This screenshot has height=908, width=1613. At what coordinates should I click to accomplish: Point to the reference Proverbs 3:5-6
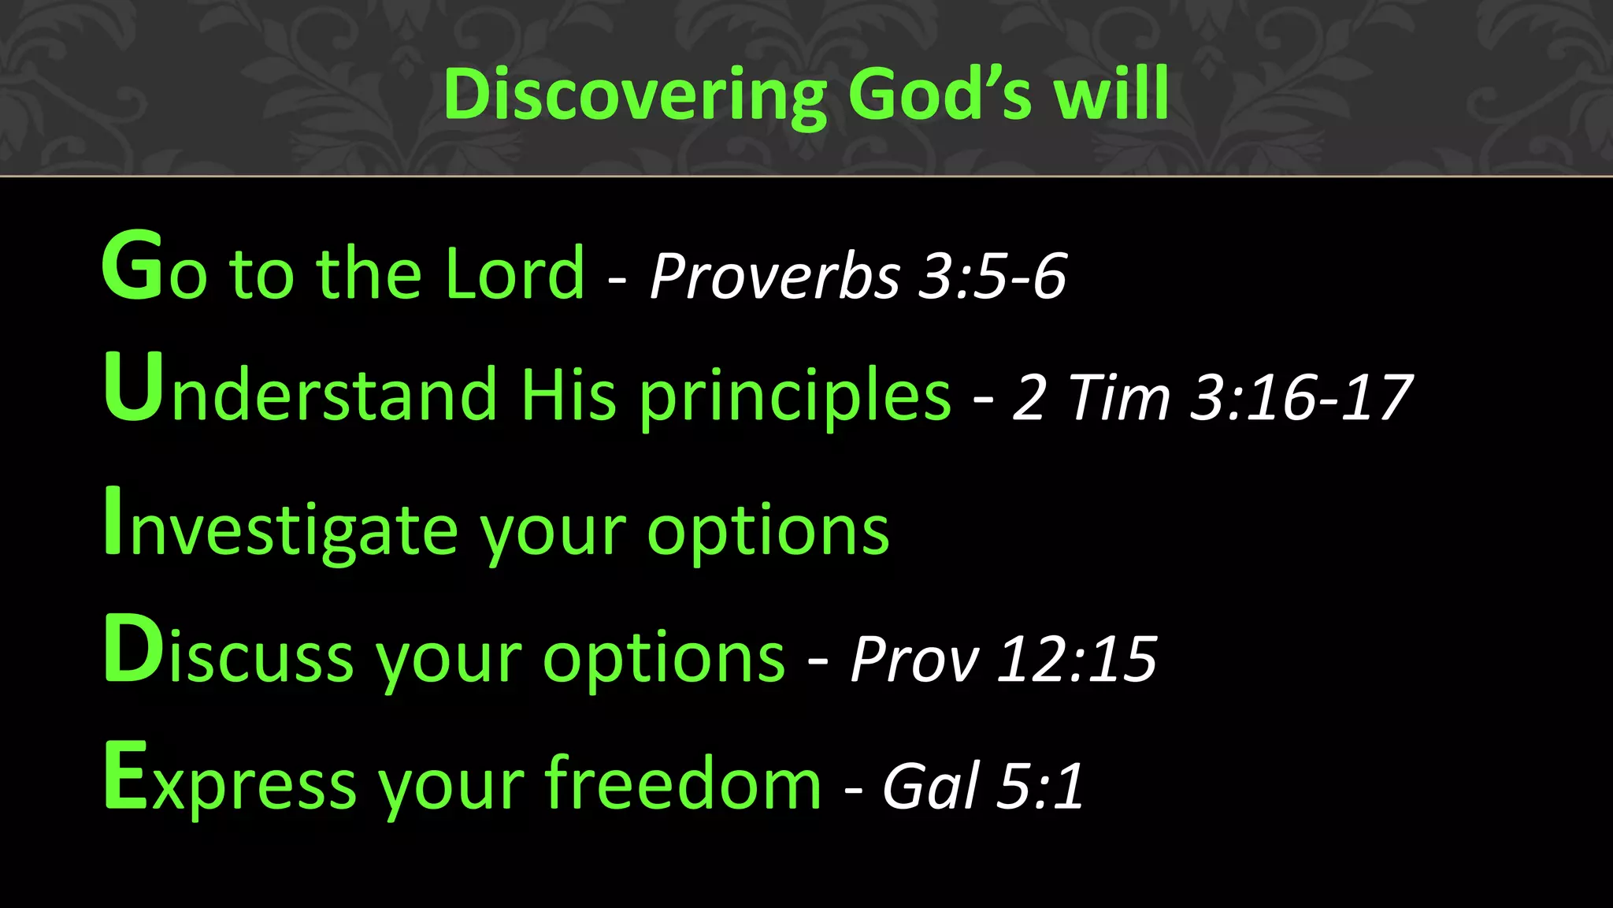point(858,277)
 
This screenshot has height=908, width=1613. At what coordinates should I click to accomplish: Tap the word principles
point(795,396)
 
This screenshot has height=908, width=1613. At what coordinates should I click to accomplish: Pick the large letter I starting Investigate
point(113,522)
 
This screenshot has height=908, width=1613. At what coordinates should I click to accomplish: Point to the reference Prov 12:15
point(1003,659)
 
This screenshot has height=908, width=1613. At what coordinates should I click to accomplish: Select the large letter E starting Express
point(126,776)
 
